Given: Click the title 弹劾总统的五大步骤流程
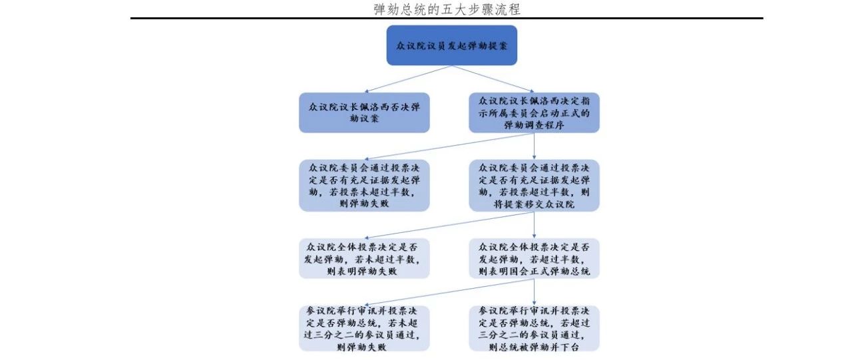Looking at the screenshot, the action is click(447, 9).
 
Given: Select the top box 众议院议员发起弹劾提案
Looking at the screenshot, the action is click(452, 45).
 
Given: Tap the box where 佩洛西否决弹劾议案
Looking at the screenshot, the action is click(364, 112).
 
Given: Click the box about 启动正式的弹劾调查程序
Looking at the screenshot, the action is click(534, 112).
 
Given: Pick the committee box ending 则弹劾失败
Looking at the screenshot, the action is click(364, 185).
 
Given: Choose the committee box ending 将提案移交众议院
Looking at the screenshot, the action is click(534, 185).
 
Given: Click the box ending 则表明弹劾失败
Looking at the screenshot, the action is click(364, 258).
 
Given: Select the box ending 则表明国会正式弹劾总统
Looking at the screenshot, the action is click(534, 258).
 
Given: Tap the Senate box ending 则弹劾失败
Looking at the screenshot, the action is click(364, 329).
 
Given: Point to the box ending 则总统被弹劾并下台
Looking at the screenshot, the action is click(534, 329).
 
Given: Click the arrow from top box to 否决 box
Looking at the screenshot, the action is click(408, 79).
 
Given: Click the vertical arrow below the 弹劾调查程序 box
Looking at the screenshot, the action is click(534, 146).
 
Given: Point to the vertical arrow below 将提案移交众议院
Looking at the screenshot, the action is click(534, 225).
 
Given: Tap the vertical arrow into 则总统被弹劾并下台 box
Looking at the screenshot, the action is click(534, 292).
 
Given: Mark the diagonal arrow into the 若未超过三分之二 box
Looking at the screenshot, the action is click(449, 292).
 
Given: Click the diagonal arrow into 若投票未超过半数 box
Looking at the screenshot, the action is click(449, 146).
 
